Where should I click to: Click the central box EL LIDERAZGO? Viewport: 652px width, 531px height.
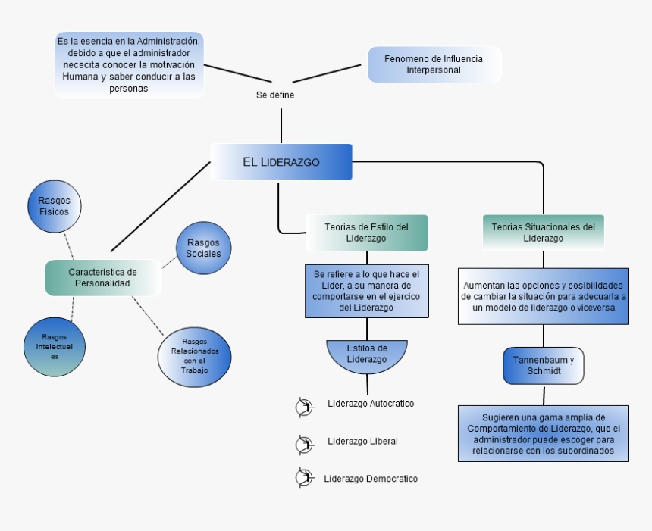[281, 162]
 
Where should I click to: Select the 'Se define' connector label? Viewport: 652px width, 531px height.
[275, 95]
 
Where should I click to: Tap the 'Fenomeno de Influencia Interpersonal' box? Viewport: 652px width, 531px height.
[434, 64]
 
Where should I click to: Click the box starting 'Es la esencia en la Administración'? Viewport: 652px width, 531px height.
[129, 64]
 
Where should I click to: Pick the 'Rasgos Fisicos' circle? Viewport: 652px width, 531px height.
[54, 206]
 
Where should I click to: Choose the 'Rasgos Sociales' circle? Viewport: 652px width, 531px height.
[203, 248]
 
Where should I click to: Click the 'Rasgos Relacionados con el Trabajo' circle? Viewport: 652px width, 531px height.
[194, 357]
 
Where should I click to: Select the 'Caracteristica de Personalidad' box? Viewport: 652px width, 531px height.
[103, 277]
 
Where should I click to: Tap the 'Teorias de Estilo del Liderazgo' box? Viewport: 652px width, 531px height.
[366, 233]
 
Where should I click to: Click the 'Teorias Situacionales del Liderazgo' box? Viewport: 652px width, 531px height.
[543, 233]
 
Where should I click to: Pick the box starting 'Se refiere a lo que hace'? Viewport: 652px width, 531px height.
[367, 290]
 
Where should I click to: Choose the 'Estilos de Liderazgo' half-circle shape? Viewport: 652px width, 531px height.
[367, 355]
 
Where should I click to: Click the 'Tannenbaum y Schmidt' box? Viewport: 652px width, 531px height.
[544, 365]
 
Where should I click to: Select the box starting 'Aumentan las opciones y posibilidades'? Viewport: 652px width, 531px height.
[544, 296]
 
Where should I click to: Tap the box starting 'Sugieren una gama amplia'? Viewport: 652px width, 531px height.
[544, 433]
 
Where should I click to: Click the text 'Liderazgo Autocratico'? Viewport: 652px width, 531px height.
[371, 404]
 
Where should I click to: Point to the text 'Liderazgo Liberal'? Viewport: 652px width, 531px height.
[362, 441]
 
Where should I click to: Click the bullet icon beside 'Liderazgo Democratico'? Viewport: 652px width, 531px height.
[304, 478]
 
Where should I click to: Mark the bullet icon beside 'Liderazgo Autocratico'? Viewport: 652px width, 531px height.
[304, 408]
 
